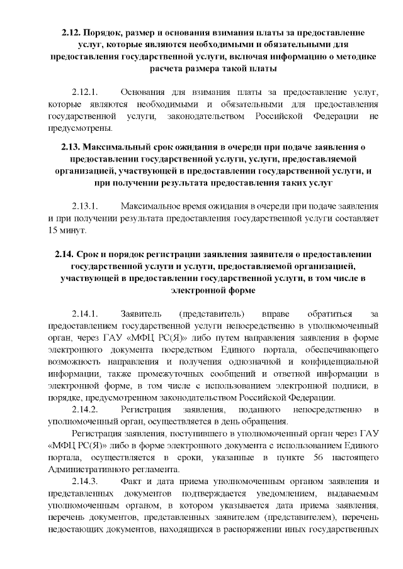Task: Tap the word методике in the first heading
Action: (353, 56)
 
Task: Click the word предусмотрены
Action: (79, 130)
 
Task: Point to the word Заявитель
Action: (141, 313)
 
